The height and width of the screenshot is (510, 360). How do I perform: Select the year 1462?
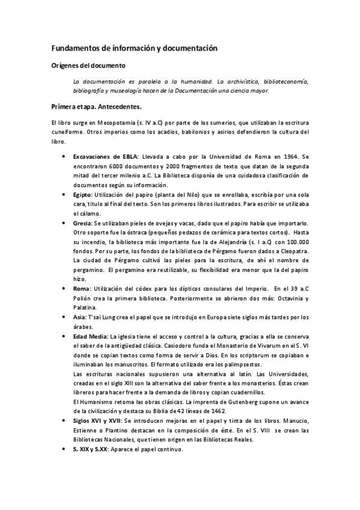(226, 411)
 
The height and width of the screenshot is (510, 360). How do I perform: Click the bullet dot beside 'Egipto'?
(64, 195)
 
